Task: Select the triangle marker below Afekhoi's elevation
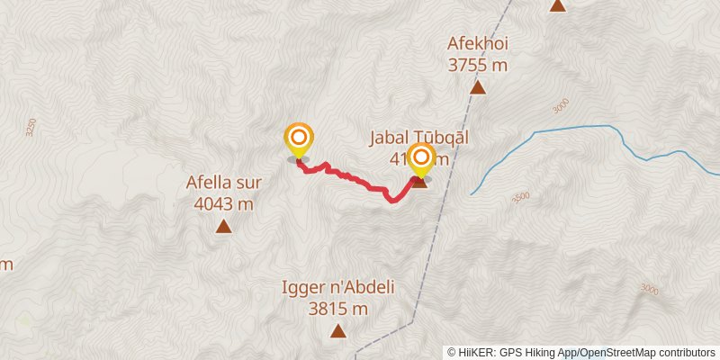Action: [x=478, y=87]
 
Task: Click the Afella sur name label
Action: [x=223, y=183]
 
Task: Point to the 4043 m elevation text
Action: [x=223, y=203]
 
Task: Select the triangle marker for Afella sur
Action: [x=223, y=226]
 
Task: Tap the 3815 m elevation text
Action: [x=338, y=309]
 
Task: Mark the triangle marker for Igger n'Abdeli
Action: [x=337, y=331]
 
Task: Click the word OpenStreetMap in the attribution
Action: [x=613, y=353]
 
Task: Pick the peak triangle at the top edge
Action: [x=558, y=5]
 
